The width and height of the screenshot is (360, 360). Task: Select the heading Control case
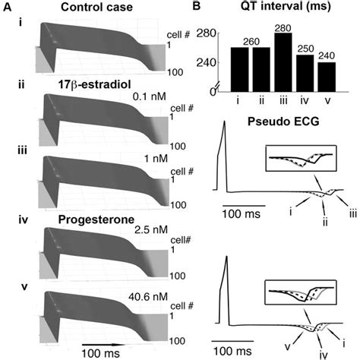[x=101, y=9]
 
